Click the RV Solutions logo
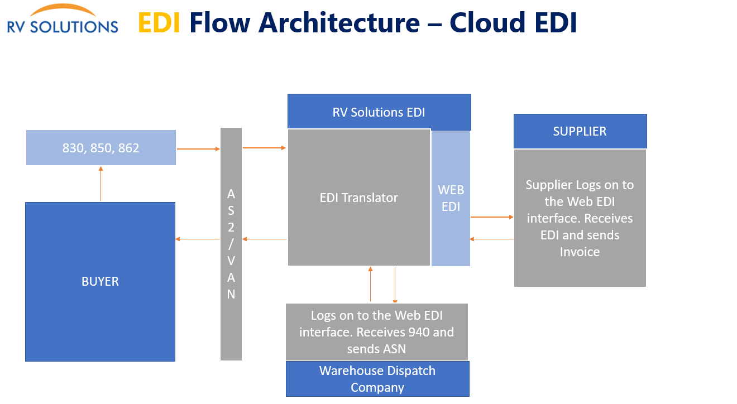click(63, 20)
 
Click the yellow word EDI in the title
click(159, 23)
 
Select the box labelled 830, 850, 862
click(101, 148)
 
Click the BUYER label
click(100, 281)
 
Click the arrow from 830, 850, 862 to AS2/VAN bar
click(198, 149)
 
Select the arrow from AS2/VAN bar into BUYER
click(198, 239)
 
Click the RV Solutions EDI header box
click(379, 112)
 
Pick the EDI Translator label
click(359, 198)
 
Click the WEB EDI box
click(451, 198)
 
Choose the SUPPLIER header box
click(580, 132)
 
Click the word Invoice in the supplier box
click(580, 252)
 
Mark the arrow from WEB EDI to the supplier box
click(491, 217)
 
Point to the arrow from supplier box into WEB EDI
click(491, 239)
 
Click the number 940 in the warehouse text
click(419, 333)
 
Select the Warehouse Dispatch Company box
click(377, 379)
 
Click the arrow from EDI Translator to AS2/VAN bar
click(265, 239)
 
